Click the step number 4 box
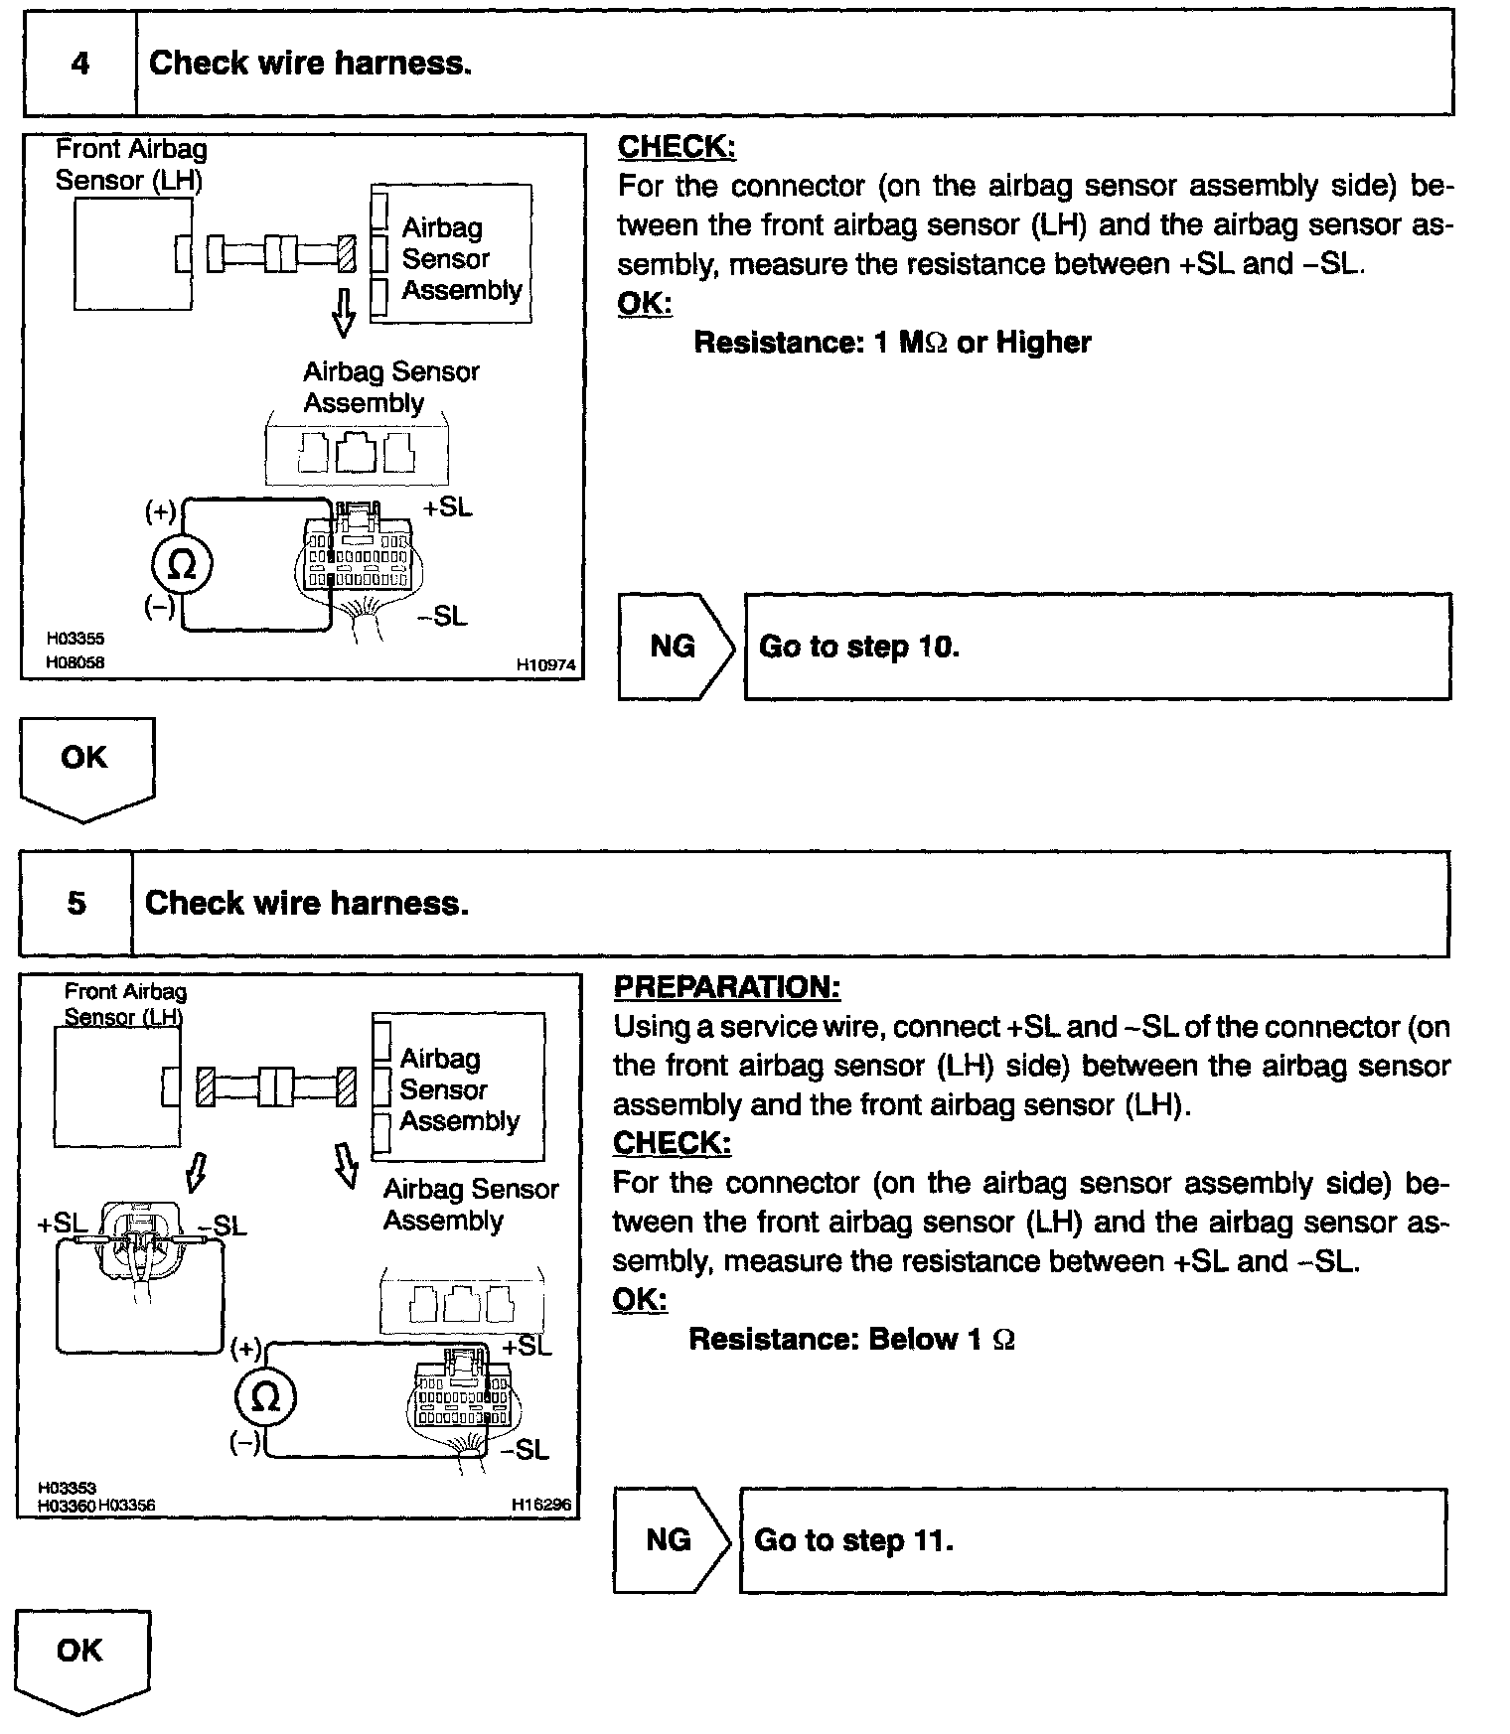79,64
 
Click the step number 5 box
76,903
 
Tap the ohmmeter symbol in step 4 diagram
181,565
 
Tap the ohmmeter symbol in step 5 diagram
265,1397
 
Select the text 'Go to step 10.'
858,647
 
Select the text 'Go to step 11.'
853,1540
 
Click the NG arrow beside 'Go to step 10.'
675,647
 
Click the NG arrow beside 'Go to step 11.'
670,1540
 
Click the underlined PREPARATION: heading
726,987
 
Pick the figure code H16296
541,1505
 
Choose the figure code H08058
75,661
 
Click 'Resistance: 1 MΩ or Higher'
891,343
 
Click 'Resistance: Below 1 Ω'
851,1340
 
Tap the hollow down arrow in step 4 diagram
344,312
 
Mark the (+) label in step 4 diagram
159,511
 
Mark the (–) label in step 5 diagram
244,1443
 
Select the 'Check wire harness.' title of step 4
310,64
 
